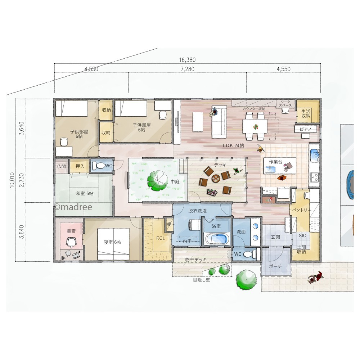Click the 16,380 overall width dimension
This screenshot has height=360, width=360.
click(187, 60)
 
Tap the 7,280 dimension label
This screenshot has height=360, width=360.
click(187, 69)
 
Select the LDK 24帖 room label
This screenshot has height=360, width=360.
click(233, 145)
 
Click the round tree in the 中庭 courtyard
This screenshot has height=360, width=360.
click(158, 181)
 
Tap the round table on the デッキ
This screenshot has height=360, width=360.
click(216, 178)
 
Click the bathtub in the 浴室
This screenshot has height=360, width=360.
click(217, 239)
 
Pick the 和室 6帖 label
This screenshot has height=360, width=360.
click(85, 193)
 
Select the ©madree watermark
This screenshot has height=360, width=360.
click(73, 207)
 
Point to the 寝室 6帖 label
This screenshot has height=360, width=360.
click(112, 242)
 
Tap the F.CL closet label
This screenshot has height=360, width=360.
click(161, 239)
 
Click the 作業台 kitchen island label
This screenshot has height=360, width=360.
click(275, 162)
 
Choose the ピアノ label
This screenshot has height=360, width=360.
click(305, 129)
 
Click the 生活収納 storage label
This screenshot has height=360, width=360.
click(306, 114)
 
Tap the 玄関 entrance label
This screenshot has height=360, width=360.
click(275, 237)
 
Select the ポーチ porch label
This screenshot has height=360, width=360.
click(275, 266)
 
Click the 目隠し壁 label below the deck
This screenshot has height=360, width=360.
click(201, 280)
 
